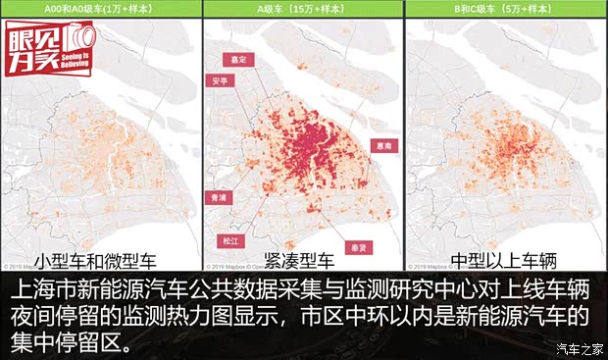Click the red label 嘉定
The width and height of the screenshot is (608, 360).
[232, 60]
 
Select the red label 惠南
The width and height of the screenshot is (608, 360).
[385, 144]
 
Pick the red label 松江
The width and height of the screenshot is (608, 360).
[231, 239]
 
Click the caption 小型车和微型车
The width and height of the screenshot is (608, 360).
[96, 261]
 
